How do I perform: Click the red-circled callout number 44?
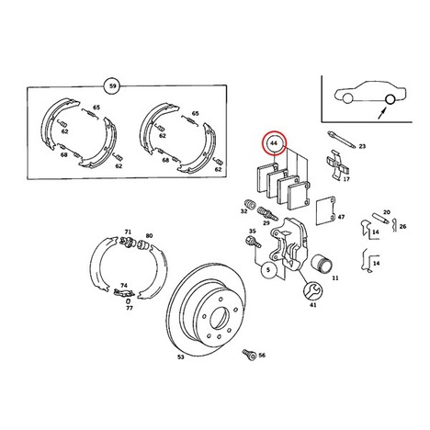tap(274, 143)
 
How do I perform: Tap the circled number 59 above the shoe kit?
tap(112, 86)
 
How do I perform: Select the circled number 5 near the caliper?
tap(268, 269)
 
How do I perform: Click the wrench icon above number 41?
tap(312, 289)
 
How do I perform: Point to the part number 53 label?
tap(181, 356)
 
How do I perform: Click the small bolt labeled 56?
tap(249, 355)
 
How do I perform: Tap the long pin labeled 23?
tap(341, 140)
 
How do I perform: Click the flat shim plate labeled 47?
tap(325, 211)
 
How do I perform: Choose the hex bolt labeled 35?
tap(253, 242)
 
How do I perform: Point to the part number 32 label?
tap(243, 211)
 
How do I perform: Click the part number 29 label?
tap(266, 222)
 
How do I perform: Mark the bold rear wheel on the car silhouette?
tap(390, 99)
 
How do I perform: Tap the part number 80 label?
tap(149, 235)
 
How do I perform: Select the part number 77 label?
tap(130, 308)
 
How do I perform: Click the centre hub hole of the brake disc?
tap(219, 321)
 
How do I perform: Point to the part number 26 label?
tap(402, 226)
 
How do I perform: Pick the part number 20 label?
tap(387, 212)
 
